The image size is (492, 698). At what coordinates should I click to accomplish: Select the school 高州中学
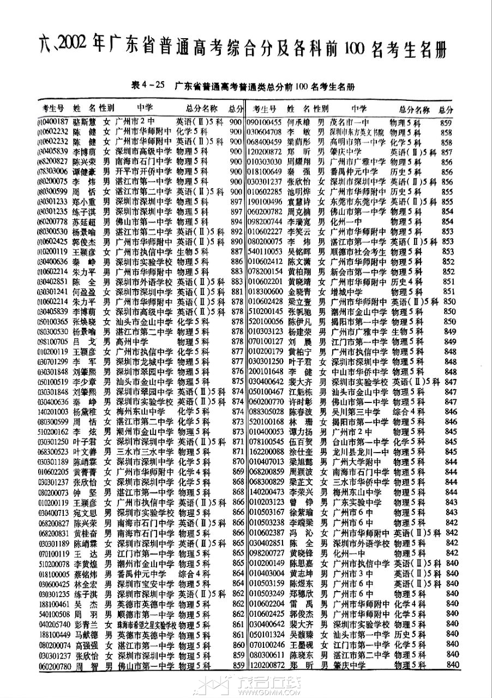click(134, 341)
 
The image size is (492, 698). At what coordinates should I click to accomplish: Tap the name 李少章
click(87, 381)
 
